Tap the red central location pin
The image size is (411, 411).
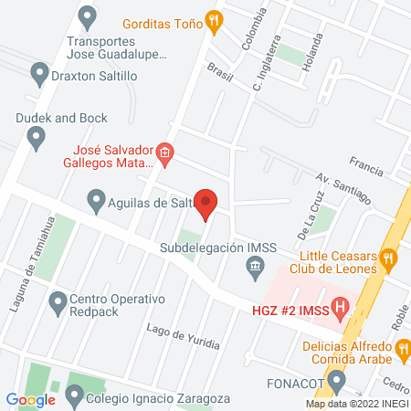pyautogui.click(x=206, y=204)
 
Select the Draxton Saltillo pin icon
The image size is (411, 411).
pyautogui.click(x=39, y=72)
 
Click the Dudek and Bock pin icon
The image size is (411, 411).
pyautogui.click(x=37, y=138)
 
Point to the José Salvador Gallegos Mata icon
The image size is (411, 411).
pyautogui.click(x=164, y=153)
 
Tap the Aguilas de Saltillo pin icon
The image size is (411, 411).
pyautogui.click(x=98, y=198)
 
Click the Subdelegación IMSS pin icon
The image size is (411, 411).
pyautogui.click(x=255, y=268)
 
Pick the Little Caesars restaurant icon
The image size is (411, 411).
pyautogui.click(x=388, y=258)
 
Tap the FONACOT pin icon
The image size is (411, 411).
pyautogui.click(x=338, y=380)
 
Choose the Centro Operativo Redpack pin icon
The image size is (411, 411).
pyautogui.click(x=58, y=301)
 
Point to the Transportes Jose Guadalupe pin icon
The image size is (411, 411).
pyautogui.click(x=88, y=16)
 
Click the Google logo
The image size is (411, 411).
pyautogui.click(x=30, y=399)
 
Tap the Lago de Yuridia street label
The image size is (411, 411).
pyautogui.click(x=183, y=336)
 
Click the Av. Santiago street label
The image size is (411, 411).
pyautogui.click(x=343, y=189)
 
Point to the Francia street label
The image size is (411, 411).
pyautogui.click(x=365, y=166)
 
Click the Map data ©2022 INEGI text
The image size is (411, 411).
pyautogui.click(x=356, y=403)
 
